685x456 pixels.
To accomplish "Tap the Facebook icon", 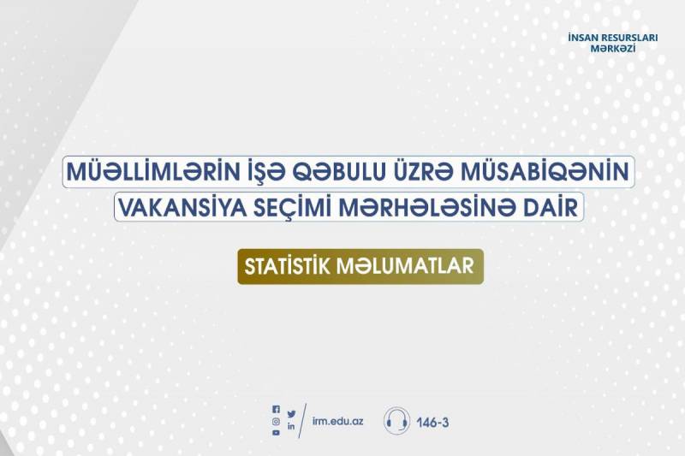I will coord(276,410).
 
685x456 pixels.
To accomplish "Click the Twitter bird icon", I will coord(291,414).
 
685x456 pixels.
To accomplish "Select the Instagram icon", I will coord(276,421).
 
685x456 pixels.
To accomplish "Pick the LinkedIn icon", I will coord(291,426).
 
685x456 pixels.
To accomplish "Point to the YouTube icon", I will coord(276,433).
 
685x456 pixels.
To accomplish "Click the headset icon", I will coord(396,421).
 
